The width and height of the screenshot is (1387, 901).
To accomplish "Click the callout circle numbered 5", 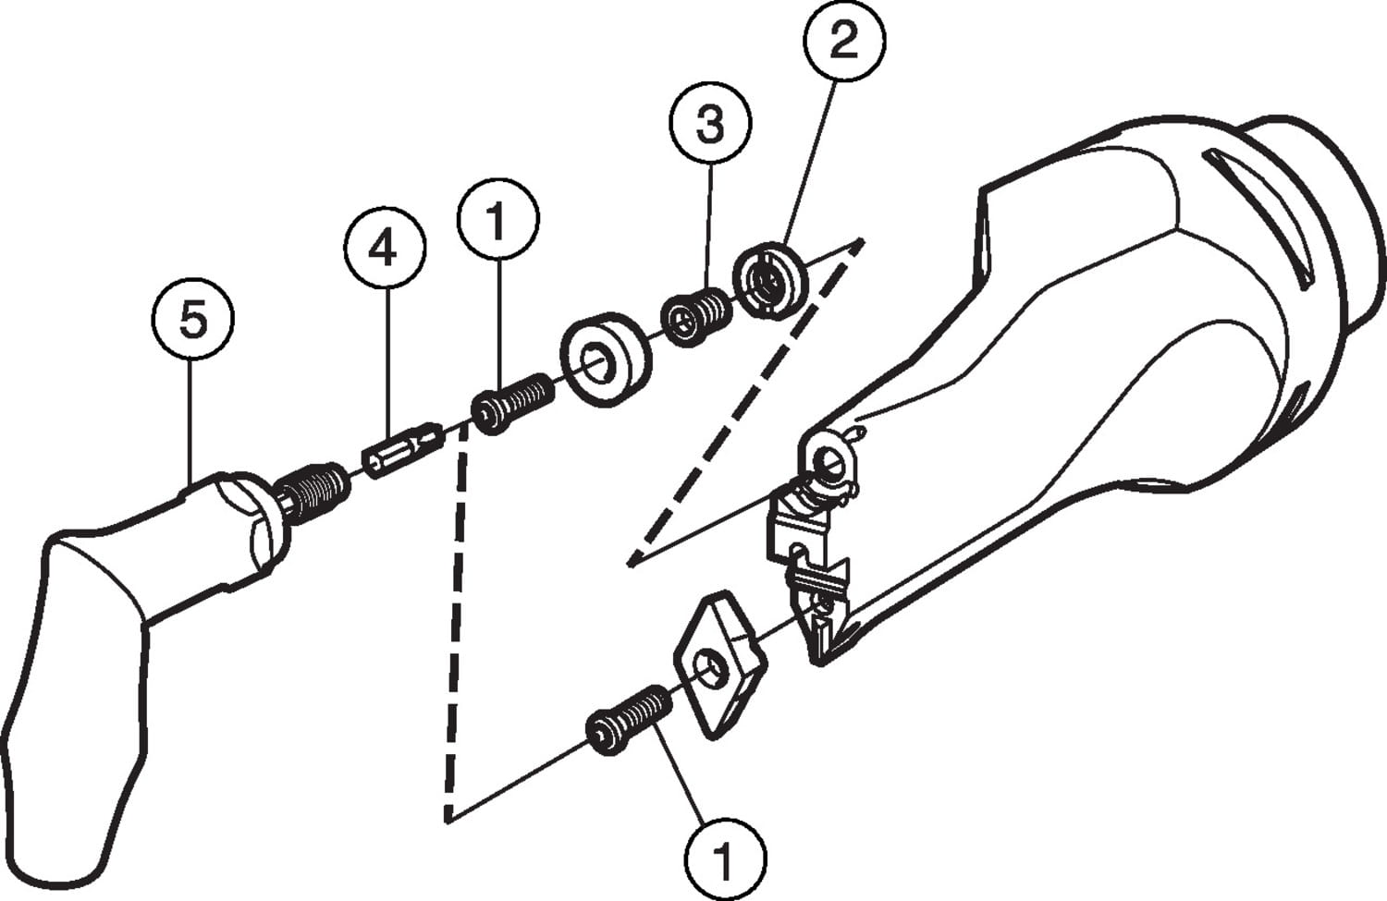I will pos(193,320).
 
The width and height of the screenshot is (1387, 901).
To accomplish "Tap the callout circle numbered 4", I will pos(385,249).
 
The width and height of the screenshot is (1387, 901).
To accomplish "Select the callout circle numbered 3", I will pos(710,124).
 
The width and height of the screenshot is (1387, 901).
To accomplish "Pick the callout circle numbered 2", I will pos(843,42).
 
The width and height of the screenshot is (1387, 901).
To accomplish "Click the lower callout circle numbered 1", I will pos(725,858).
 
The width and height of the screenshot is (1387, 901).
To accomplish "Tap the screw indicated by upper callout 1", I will pos(513,408).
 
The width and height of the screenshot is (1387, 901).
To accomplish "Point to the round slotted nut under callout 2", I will pos(769,279).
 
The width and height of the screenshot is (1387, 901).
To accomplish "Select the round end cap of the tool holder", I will pos(1322,222).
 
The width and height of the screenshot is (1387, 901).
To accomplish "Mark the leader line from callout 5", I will pos(190,416).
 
